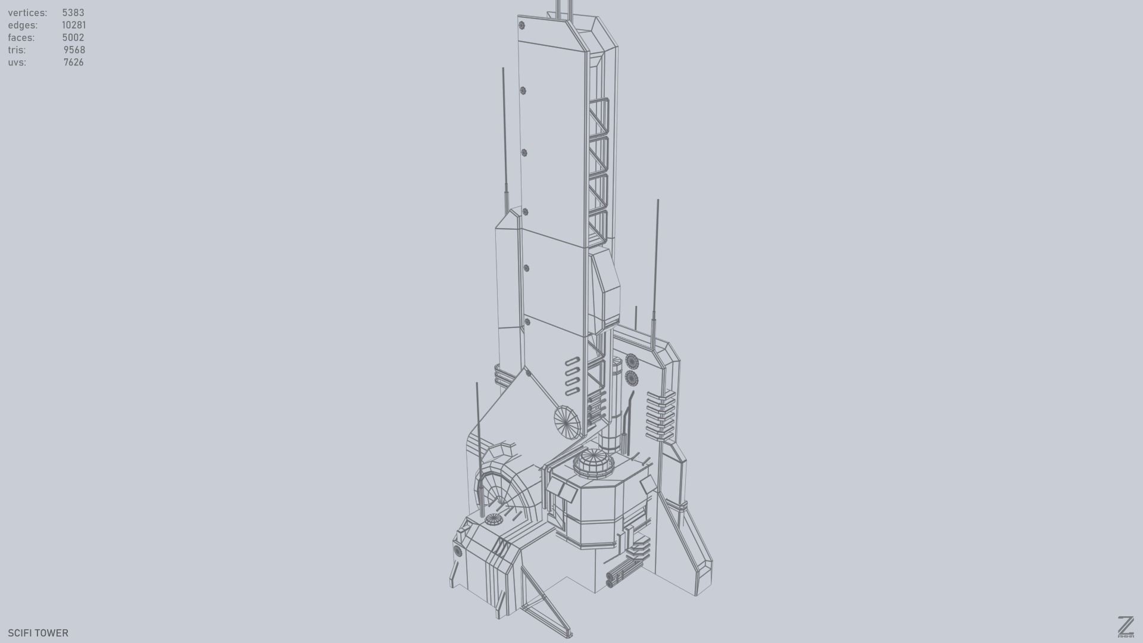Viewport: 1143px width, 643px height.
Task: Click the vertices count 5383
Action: (73, 13)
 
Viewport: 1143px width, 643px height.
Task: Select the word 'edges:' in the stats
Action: (23, 25)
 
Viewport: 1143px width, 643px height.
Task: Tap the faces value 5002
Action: (73, 38)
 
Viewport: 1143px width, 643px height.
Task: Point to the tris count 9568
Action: (74, 50)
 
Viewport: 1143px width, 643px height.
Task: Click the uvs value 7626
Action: (73, 63)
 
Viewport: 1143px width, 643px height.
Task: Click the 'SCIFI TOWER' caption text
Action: (38, 633)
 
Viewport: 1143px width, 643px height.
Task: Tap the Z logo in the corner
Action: (1125, 627)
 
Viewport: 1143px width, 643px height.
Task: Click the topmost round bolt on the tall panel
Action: (522, 26)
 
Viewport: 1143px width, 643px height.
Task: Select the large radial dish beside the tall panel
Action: (567, 422)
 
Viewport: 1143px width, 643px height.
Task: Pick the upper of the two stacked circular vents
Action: (632, 361)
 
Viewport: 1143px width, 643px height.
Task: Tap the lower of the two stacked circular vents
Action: (632, 378)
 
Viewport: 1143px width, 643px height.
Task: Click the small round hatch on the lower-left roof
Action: (494, 520)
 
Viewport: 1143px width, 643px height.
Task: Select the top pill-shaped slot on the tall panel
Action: (572, 361)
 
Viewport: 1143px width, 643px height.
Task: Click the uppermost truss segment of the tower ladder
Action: (598, 117)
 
